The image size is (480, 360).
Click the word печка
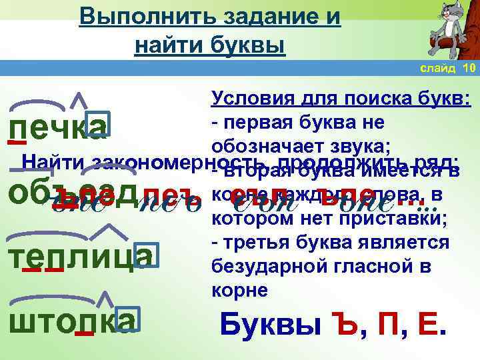57,127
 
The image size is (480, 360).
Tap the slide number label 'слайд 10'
447,69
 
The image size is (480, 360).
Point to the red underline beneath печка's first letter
17,142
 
